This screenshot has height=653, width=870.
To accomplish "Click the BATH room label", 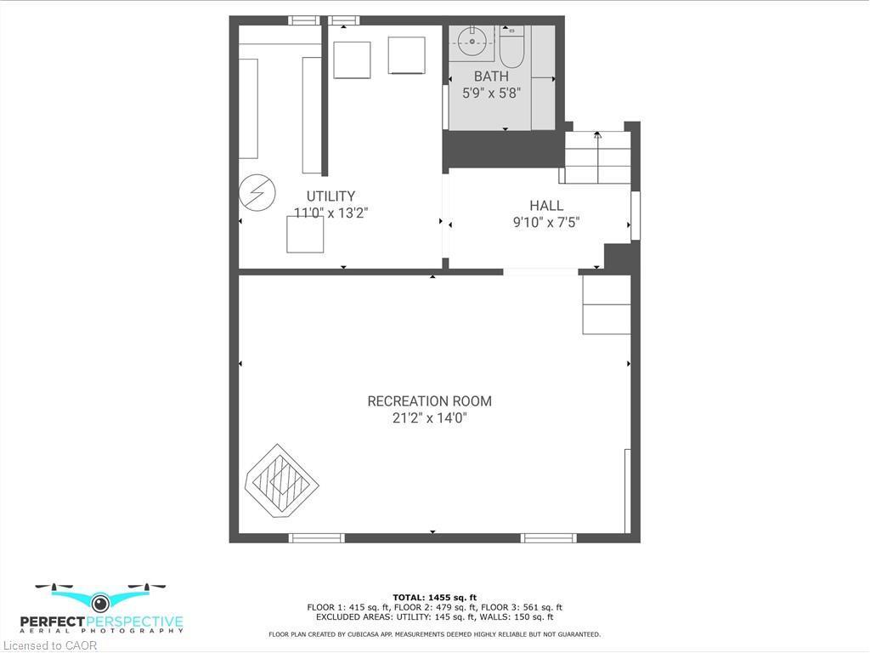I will coord(491,77).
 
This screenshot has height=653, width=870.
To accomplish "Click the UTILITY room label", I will coord(330,196).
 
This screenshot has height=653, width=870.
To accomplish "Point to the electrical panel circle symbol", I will coord(257,192).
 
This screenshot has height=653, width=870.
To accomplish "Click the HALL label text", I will coord(546,206).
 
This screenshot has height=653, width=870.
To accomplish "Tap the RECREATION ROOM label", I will coord(429,401).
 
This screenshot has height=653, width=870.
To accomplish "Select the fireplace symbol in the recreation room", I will coord(282,482).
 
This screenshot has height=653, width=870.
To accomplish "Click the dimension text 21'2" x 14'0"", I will coord(429,418).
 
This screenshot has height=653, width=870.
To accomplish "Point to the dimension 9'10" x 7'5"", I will coord(546,223).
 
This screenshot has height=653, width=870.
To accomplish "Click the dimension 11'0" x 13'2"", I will coord(330,213).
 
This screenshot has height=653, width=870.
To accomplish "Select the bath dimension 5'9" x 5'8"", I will coord(491,94).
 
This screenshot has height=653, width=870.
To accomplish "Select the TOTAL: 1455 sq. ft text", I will coord(434,597).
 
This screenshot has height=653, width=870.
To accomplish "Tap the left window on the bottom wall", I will coord(316,538).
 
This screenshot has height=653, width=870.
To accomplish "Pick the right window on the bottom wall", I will coord(548,538).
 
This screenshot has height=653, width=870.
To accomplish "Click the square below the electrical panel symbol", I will coord(305,235).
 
